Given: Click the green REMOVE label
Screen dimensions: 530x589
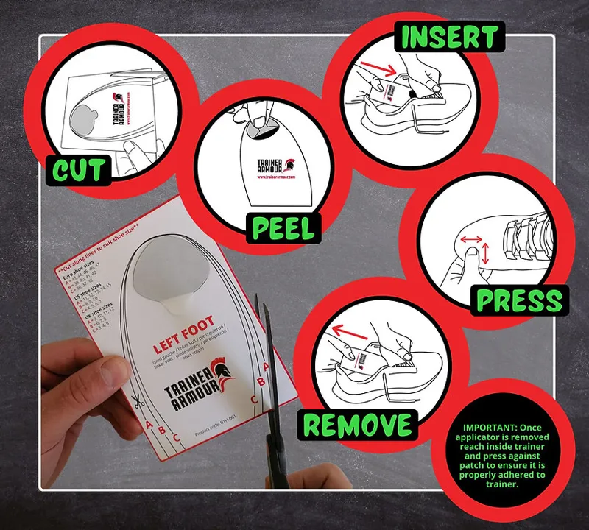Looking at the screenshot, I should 356,425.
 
